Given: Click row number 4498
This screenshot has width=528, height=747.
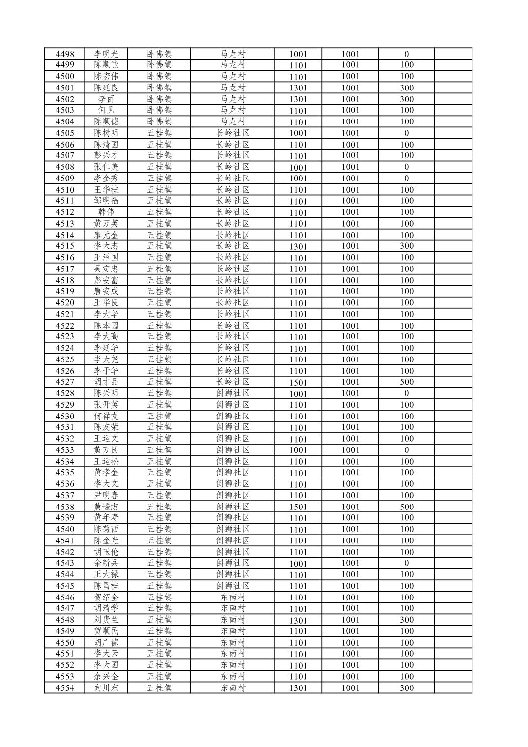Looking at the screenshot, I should click(65, 54).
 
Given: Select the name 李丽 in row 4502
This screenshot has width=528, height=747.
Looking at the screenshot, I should click(106, 99).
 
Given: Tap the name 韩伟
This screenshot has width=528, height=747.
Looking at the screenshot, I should click(106, 212).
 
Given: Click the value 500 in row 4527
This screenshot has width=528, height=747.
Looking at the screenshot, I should click(406, 382).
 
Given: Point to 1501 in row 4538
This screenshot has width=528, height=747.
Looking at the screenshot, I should click(298, 507).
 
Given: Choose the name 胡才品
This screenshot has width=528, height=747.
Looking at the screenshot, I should click(106, 382).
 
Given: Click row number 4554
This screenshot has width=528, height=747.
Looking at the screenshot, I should click(65, 688).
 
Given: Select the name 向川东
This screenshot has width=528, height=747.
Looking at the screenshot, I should click(106, 688).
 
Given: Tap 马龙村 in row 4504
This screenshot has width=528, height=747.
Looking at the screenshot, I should click(232, 121).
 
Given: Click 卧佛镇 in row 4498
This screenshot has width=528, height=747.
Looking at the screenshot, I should click(159, 54).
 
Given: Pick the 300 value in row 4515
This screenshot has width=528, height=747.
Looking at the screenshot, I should click(406, 246).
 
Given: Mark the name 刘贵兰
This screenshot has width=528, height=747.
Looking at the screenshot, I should click(106, 620).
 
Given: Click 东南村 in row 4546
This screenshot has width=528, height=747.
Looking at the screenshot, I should click(232, 597).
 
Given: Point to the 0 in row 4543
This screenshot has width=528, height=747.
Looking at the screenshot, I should click(406, 563).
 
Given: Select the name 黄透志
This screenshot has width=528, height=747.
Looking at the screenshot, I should click(106, 507).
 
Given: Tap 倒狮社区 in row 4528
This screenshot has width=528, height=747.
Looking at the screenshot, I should click(232, 393).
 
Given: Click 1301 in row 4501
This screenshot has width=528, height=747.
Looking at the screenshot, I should click(298, 88).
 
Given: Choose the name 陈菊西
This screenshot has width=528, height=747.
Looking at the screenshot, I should click(106, 529).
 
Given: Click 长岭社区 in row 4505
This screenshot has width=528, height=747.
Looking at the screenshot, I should click(232, 133).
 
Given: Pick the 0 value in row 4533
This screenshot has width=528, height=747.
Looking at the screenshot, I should click(406, 450).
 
